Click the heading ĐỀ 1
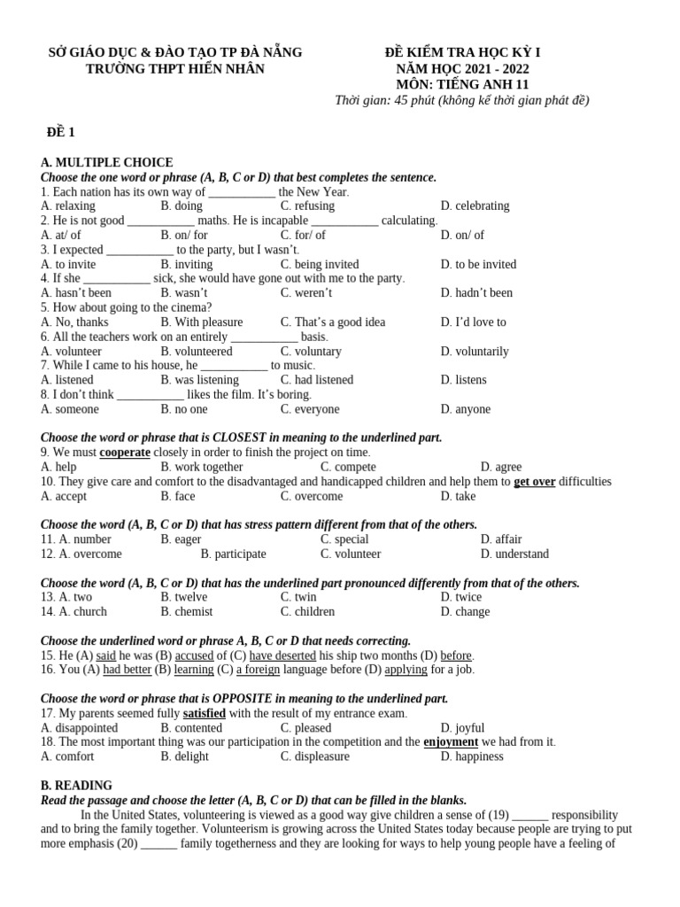pyautogui.click(x=61, y=133)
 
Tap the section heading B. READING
pyautogui.click(x=77, y=786)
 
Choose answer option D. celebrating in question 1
pyautogui.click(x=475, y=205)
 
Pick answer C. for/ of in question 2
pyautogui.click(x=303, y=235)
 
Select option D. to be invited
pyautogui.click(x=478, y=264)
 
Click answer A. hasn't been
pyautogui.click(x=77, y=292)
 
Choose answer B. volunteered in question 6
pyautogui.click(x=197, y=351)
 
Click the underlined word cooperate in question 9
pyautogui.click(x=125, y=453)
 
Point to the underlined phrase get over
pyautogui.click(x=535, y=482)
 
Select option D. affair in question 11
pyautogui.click(x=501, y=539)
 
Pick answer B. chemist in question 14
pyautogui.click(x=187, y=611)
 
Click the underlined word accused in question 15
pyautogui.click(x=194, y=655)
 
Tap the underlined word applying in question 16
pyautogui.click(x=406, y=670)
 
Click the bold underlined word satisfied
pyautogui.click(x=205, y=713)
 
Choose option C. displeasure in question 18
pyautogui.click(x=315, y=756)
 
